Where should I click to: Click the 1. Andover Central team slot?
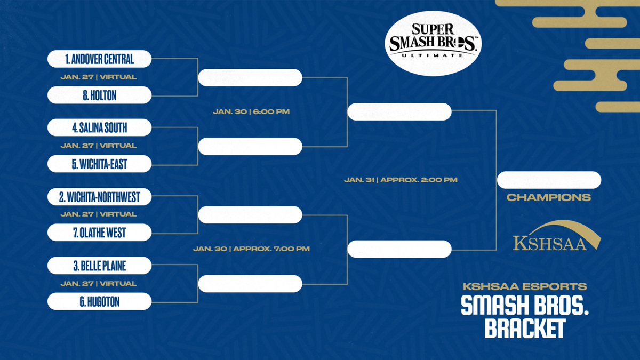click(100, 59)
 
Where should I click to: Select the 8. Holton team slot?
click(100, 95)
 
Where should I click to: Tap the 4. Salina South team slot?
click(100, 127)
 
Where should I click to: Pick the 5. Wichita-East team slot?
click(100, 164)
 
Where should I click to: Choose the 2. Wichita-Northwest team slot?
click(100, 197)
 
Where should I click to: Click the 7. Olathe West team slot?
click(100, 233)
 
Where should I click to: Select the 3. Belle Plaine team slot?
click(100, 265)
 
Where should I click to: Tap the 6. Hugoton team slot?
click(100, 301)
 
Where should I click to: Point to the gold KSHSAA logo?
click(550, 236)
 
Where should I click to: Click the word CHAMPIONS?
click(549, 198)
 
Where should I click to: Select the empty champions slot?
click(549, 180)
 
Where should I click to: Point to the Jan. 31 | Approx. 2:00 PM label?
click(401, 180)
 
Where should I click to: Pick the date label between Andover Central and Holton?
click(99, 77)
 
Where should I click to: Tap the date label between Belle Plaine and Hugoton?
click(99, 283)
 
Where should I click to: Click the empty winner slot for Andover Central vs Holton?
click(250, 77)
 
